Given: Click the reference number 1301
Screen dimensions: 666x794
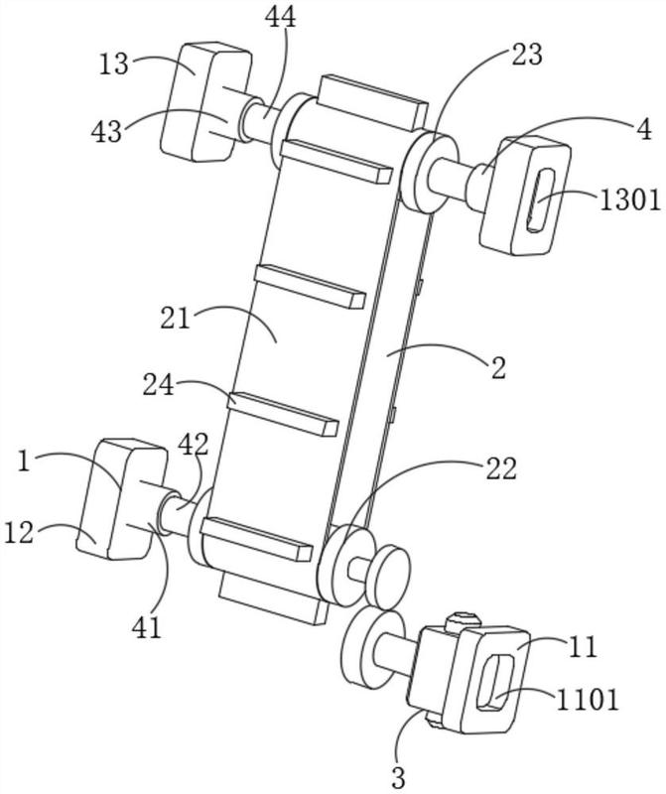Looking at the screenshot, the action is [x=630, y=201].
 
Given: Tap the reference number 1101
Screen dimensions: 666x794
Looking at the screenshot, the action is [x=588, y=701].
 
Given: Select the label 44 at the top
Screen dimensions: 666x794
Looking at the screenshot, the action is [x=280, y=18].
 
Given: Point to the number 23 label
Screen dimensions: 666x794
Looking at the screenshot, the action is [x=527, y=55].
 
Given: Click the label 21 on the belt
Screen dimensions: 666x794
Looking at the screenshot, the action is [x=176, y=319].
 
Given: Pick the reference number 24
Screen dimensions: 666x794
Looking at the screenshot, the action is [x=159, y=385].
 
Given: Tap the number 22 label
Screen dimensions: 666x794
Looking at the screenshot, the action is [x=501, y=468].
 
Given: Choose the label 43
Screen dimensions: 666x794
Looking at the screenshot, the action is [x=106, y=132].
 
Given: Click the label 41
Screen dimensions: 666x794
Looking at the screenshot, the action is [x=146, y=628].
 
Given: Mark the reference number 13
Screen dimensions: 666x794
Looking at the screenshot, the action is [x=113, y=66].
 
